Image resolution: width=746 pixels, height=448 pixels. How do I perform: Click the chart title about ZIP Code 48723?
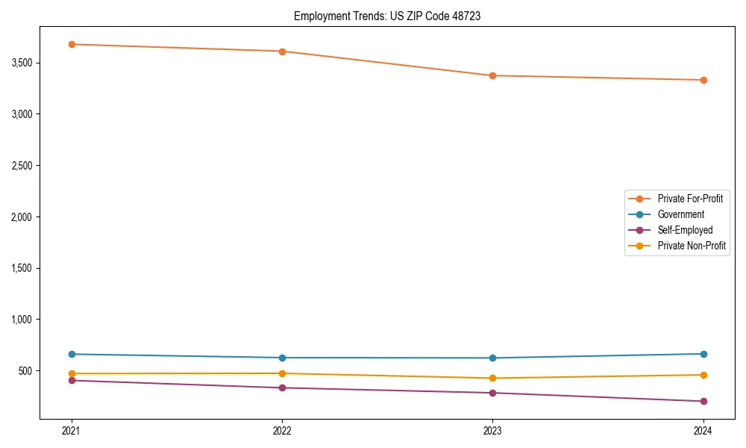[x=386, y=16]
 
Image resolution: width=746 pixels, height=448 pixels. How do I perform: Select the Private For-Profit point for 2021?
[x=72, y=44]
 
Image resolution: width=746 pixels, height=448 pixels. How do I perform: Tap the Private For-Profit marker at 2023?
[x=492, y=75]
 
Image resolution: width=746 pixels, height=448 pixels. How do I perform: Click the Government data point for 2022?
[x=282, y=358]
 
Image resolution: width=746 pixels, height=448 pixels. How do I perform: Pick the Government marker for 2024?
[x=703, y=354]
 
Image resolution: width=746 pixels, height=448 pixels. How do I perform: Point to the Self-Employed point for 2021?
[x=72, y=381]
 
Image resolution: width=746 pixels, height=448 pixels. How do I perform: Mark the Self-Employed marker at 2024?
[x=703, y=402]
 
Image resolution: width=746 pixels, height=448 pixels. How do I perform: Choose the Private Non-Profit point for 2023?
[x=492, y=379]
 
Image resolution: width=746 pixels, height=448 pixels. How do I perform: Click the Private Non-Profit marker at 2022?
[x=282, y=373]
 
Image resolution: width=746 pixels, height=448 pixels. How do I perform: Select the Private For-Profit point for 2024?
[x=703, y=80]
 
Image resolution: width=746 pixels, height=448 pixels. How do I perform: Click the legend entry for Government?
[x=680, y=214]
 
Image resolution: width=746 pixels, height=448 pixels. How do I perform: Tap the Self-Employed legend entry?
[x=685, y=230]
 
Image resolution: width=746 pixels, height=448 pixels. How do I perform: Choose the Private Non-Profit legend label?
[x=692, y=246]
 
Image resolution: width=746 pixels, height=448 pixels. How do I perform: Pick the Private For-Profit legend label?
[x=690, y=199]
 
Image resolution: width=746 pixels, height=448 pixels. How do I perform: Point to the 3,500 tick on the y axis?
[x=22, y=63]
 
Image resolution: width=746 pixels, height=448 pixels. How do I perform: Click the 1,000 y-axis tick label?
[x=22, y=320]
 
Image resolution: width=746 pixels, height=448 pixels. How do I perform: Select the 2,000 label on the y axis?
[x=22, y=217]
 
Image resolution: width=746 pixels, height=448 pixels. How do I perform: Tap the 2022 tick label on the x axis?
[x=282, y=430]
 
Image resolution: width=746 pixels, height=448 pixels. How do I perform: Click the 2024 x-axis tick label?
[x=703, y=430]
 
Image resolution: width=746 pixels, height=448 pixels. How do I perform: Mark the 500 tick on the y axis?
[x=26, y=371]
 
